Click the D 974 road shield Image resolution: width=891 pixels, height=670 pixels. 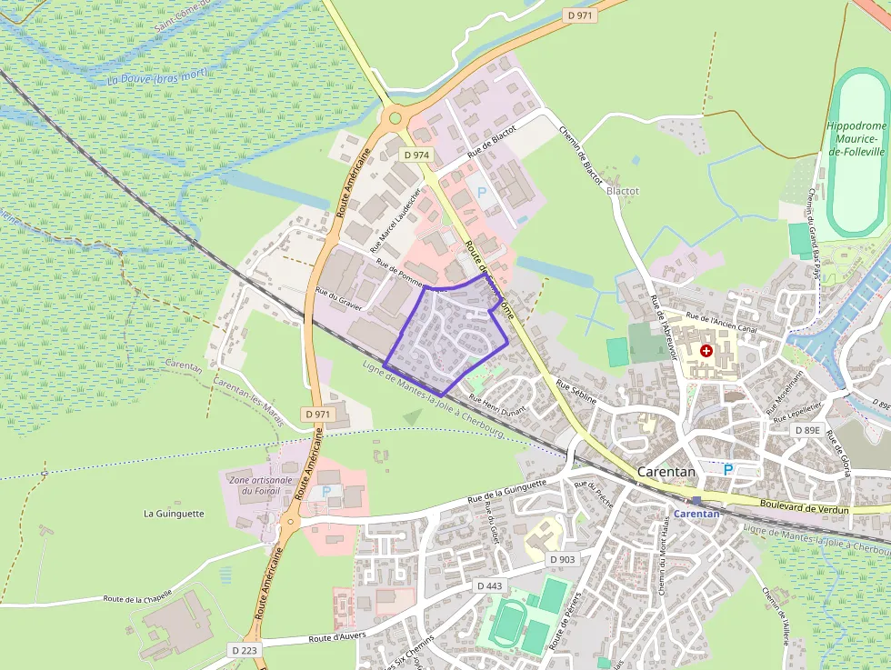click(415, 155)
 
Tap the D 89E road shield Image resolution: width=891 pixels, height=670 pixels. click(806, 430)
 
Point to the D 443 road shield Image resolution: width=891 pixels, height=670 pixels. click(489, 586)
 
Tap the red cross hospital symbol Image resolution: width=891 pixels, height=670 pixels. click(706, 350)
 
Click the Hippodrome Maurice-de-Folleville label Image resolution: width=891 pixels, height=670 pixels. click(856, 138)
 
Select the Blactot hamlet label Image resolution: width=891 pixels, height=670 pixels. click(623, 192)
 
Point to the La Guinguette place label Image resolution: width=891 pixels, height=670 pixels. click(174, 514)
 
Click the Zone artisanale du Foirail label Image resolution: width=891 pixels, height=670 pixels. click(262, 485)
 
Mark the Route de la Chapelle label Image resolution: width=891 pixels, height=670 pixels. click(138, 599)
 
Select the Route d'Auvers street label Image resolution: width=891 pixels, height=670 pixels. click(336, 637)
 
